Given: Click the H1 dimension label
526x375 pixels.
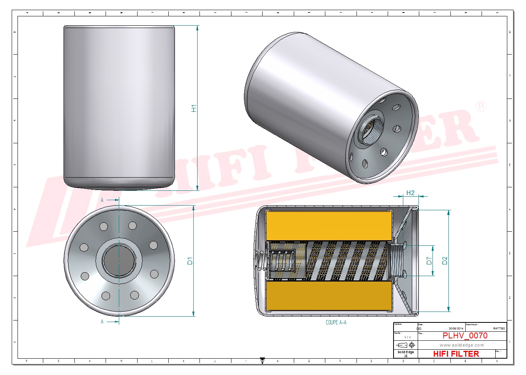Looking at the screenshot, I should pyautogui.click(x=194, y=108).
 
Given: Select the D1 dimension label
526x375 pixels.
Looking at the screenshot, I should pyautogui.click(x=190, y=261).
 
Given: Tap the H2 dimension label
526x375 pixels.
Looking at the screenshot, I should pyautogui.click(x=410, y=193).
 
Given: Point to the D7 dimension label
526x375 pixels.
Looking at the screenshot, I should pyautogui.click(x=429, y=261).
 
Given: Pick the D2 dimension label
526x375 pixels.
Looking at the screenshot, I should pyautogui.click(x=445, y=261).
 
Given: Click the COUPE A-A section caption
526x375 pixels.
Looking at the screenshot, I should pyautogui.click(x=336, y=322).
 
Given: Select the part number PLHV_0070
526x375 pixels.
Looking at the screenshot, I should pyautogui.click(x=465, y=336).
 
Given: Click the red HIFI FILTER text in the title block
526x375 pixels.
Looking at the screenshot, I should pyautogui.click(x=456, y=354).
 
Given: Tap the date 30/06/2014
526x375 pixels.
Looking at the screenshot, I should pyautogui.click(x=456, y=329).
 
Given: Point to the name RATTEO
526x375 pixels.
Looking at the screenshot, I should pyautogui.click(x=499, y=329).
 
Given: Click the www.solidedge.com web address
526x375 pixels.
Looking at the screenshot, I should pyautogui.click(x=462, y=345).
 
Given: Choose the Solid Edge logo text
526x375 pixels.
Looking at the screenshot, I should pyautogui.click(x=406, y=352).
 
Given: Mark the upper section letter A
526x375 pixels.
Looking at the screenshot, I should pyautogui.click(x=102, y=200).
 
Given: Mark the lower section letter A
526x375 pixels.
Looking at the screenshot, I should pyautogui.click(x=102, y=322).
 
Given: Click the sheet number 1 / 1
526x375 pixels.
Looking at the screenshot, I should pyautogui.click(x=408, y=337).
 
